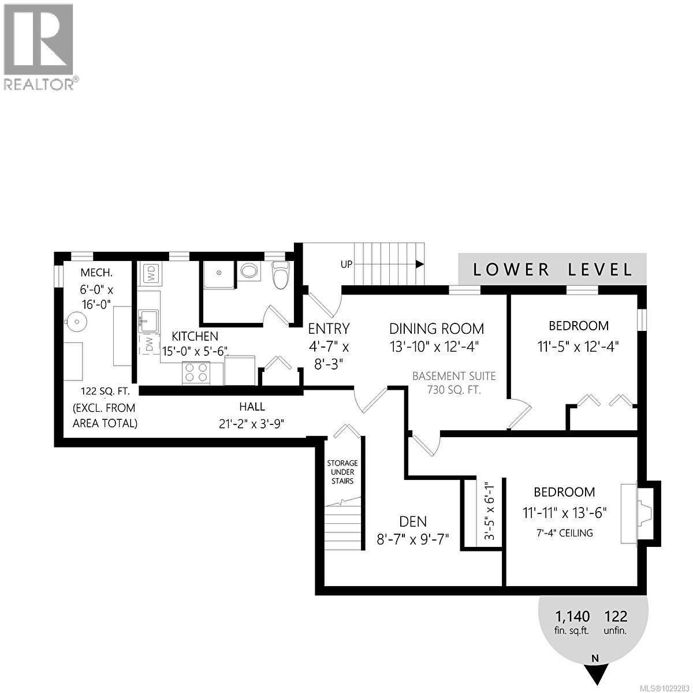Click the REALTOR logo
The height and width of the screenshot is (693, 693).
coord(39,46)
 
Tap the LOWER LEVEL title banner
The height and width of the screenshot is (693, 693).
coord(552,269)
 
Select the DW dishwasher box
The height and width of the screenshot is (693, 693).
coord(149,345)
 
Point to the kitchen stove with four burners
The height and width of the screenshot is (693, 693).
coord(196,373)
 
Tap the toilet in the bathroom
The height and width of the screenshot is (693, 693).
coord(280,274)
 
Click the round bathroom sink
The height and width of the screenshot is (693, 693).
coord(249,271)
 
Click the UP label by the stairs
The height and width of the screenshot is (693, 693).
coord(346,264)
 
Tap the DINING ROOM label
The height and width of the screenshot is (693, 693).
coord(437,329)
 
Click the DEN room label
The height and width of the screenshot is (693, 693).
coord(413,521)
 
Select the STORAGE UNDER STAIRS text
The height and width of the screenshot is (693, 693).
coord(342,472)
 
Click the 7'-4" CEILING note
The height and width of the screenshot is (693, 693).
coord(564,533)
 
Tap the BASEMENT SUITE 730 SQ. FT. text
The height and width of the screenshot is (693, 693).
coord(454,382)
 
